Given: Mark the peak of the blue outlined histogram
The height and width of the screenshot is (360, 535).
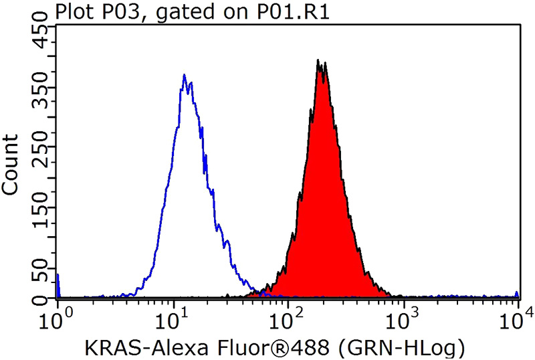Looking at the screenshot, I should (x=184, y=75).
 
